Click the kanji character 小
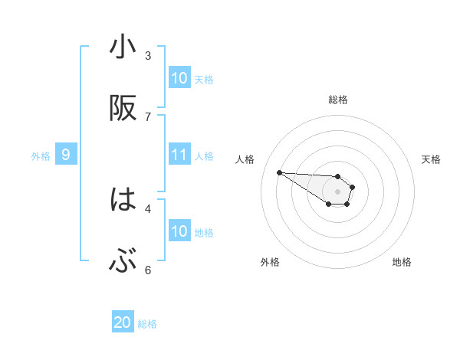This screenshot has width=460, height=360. pos(123,47)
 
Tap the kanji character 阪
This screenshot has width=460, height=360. pos(123,110)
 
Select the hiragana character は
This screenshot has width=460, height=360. pos(123,201)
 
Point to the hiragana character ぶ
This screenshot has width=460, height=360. pos(123,263)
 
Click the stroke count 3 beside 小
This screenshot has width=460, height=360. pos(148,55)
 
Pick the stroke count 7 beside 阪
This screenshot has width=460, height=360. pos(148,116)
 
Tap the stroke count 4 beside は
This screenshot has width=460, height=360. pos(148,208)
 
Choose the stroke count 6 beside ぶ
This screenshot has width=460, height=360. pos(148,270)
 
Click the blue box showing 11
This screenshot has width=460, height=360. pos(179,155)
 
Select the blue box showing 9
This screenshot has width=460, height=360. pos(66,155)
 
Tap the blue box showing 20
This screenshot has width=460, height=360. pos(123,323)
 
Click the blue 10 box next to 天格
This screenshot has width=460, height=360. pos(179,78)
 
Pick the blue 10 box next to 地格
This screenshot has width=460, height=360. pos(179,231)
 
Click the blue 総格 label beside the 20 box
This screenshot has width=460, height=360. pos(147,324)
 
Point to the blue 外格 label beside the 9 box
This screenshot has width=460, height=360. pos(41,156)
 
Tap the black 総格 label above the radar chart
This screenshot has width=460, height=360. pos(338,100)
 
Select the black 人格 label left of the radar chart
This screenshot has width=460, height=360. pos(245,159)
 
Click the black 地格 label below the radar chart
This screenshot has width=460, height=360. pos(402,263)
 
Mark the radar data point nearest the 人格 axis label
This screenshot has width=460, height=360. pos(279,172)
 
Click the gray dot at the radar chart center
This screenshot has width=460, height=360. pos(338,191)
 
